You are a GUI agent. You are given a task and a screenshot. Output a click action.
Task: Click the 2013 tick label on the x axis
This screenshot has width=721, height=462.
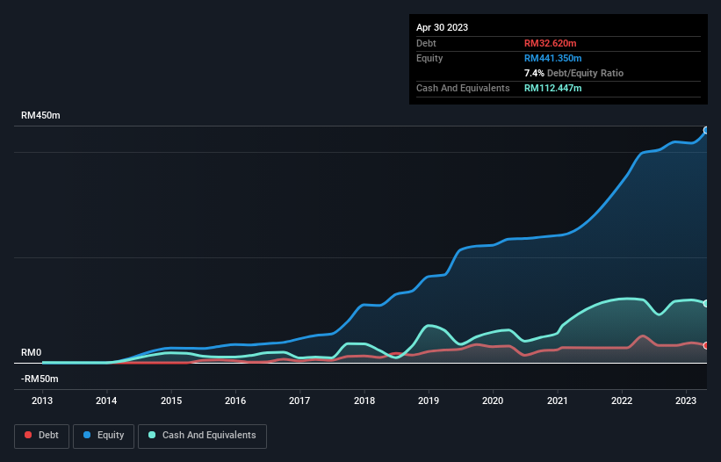[x=42, y=400]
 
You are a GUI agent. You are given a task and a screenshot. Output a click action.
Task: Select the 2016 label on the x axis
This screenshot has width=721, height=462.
[x=235, y=400]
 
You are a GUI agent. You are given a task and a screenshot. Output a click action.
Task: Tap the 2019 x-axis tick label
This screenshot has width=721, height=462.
[x=429, y=400]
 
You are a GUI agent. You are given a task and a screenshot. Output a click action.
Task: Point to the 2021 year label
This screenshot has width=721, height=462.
[x=558, y=400]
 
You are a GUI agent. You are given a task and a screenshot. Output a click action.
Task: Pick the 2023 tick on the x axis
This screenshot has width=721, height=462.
[x=686, y=400]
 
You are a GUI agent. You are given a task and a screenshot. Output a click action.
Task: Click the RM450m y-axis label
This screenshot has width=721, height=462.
[x=40, y=116]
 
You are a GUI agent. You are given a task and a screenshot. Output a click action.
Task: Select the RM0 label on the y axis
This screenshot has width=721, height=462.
[x=31, y=352]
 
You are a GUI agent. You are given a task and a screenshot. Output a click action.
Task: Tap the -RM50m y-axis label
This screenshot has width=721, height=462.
[x=40, y=379]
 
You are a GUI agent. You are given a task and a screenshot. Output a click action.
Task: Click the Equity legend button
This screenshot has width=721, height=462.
[x=104, y=435]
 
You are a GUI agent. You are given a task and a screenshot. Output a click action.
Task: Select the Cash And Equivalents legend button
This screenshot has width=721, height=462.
[x=202, y=435]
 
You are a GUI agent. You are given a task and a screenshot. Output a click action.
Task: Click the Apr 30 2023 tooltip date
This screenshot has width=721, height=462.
[x=442, y=27]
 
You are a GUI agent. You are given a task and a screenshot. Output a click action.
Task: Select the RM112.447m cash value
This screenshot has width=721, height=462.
[x=553, y=88]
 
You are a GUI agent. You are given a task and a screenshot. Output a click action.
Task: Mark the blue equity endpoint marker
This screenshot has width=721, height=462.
[x=706, y=130]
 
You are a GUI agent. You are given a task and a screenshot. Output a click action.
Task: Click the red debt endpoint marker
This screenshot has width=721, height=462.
[x=706, y=345]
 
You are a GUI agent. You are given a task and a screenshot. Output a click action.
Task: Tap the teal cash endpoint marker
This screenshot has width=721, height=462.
[x=706, y=303]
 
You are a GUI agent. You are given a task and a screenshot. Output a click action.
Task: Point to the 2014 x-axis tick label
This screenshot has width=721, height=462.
[x=106, y=400]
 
